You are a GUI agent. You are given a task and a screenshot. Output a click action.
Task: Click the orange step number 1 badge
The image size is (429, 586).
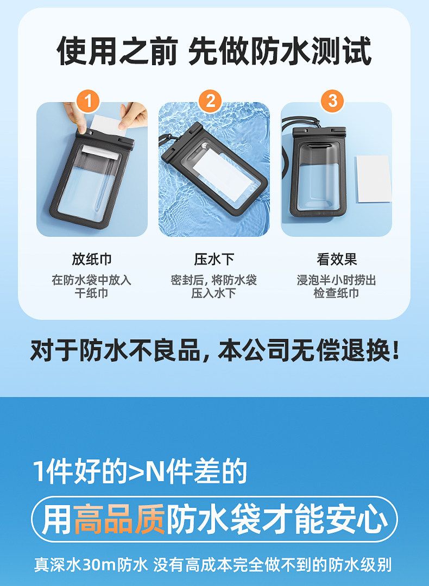pos(88,101)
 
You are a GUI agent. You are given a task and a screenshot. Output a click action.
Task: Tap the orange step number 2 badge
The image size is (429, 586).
pos(210,101)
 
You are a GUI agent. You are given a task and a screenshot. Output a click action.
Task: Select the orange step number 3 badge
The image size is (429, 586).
pos(332,101)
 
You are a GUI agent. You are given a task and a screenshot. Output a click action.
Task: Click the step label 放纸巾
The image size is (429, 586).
pos(92,259)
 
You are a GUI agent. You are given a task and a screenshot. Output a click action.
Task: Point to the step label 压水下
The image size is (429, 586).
pos(214,259)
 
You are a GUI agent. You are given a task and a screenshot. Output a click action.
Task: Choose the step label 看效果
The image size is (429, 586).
pos(337,259)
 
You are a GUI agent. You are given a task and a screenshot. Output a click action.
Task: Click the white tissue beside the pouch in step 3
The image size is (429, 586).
pos(373,179)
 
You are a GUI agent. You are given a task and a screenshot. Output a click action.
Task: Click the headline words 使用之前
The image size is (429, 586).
pos(117,51)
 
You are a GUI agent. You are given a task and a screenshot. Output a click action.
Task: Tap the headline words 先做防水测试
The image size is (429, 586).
pos(280,51)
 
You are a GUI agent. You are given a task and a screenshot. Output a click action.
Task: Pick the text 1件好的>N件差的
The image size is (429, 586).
pos(140,471)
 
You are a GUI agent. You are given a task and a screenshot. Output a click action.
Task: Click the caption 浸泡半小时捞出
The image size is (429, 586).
pos(336,280)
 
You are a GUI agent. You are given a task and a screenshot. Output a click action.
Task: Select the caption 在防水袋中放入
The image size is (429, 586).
pos(92,280)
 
